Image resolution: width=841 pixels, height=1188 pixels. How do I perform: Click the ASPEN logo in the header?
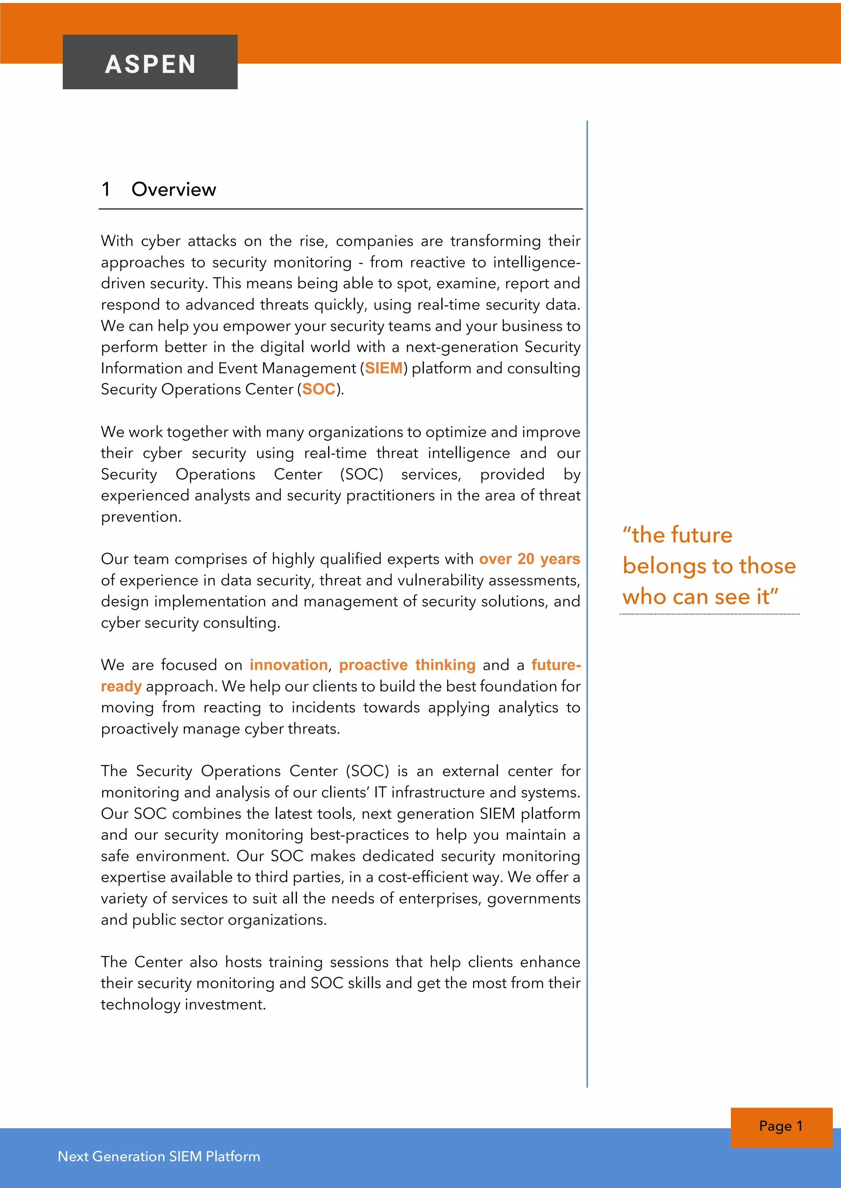pos(150,64)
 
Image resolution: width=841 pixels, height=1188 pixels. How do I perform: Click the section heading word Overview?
pos(173,190)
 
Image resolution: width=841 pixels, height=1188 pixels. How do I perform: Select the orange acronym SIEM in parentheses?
pos(384,368)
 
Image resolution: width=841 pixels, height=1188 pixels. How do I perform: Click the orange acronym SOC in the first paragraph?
pos(319,389)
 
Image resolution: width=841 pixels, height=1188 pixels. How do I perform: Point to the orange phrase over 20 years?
pos(529,559)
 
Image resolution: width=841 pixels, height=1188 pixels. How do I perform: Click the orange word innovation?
pos(288,665)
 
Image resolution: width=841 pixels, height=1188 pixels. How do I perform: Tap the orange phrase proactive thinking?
pos(407,665)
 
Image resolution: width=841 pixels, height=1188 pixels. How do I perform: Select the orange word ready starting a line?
pos(121,687)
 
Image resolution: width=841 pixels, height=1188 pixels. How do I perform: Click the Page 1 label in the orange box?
pos(780,1126)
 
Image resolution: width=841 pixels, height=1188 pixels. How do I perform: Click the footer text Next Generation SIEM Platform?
pos(159,1156)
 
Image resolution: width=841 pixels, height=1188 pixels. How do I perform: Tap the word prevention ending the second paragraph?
pos(140,517)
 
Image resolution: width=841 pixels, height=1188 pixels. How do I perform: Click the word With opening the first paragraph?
pos(117,241)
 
